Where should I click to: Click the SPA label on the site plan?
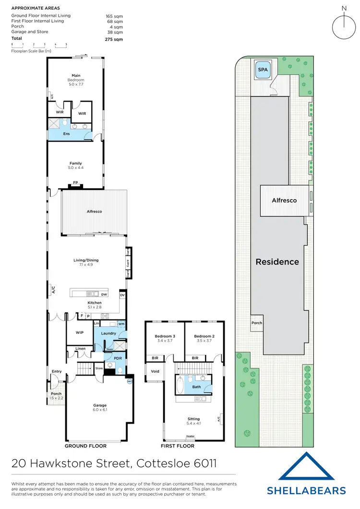click(x=263, y=70)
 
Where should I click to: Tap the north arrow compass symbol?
click(x=343, y=22)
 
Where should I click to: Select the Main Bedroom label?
click(x=76, y=77)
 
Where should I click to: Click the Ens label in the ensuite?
click(x=66, y=133)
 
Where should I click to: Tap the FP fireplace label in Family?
click(x=75, y=183)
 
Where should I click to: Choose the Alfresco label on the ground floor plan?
click(x=94, y=212)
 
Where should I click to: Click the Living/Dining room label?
click(x=89, y=260)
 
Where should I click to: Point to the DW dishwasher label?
click(x=104, y=294)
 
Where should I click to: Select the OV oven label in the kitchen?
click(x=122, y=296)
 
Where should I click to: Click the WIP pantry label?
click(x=80, y=332)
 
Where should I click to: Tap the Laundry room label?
click(x=108, y=333)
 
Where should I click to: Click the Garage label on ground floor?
click(x=100, y=405)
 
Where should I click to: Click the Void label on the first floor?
click(x=155, y=371)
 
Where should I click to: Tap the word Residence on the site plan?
click(x=277, y=262)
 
